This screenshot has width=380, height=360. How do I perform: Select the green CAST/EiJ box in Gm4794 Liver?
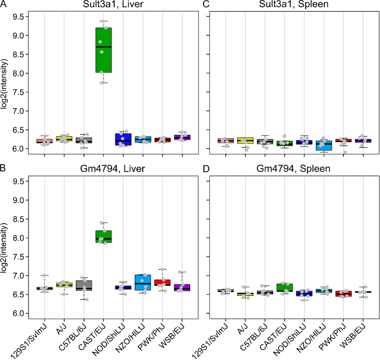[104, 236]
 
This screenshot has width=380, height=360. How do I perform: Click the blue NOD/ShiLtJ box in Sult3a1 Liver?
[123, 139]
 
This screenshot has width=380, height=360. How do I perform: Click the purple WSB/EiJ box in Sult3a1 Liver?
[182, 137]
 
